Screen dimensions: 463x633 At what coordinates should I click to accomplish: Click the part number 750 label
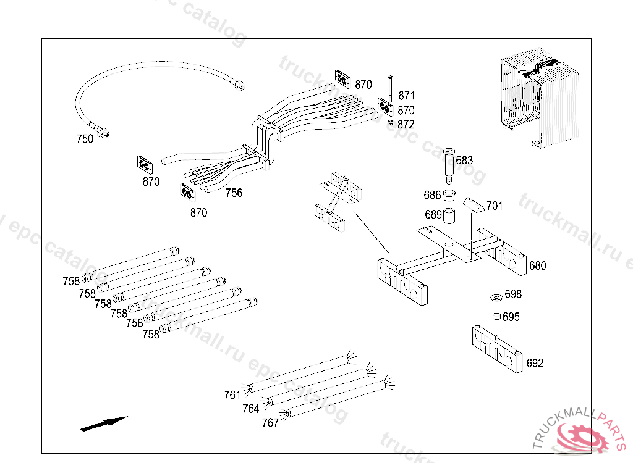[85, 139]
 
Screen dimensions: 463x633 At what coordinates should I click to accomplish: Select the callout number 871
[406, 96]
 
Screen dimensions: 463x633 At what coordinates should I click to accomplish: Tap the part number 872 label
[406, 125]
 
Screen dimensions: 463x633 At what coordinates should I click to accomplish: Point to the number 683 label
[464, 161]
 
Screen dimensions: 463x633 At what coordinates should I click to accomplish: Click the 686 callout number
[432, 196]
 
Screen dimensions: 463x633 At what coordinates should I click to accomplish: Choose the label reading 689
[433, 215]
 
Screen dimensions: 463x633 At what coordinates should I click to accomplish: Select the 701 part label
[495, 206]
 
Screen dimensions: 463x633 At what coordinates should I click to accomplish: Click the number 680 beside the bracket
[537, 266]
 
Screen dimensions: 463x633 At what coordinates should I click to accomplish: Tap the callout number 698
[513, 294]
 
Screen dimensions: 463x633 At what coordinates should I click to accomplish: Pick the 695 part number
[511, 317]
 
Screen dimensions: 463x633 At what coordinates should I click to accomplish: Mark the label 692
[535, 363]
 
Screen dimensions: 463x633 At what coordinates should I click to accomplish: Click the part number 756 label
[234, 193]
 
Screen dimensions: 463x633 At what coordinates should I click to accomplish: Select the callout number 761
[232, 395]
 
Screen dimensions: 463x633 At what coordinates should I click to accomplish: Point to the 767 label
[270, 423]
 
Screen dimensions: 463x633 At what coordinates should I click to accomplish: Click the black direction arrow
[103, 423]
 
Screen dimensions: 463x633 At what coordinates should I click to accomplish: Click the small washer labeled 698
[495, 299]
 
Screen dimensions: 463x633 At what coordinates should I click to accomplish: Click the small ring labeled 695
[496, 317]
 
